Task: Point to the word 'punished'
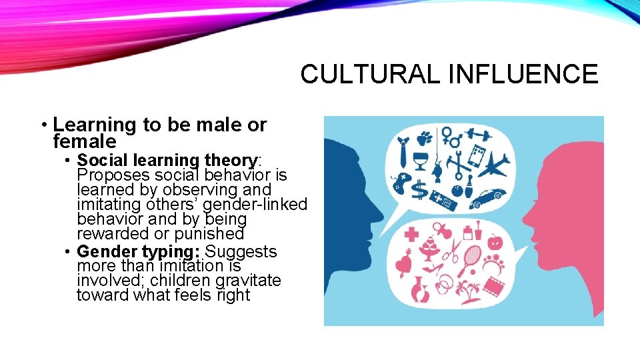(209, 234)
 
